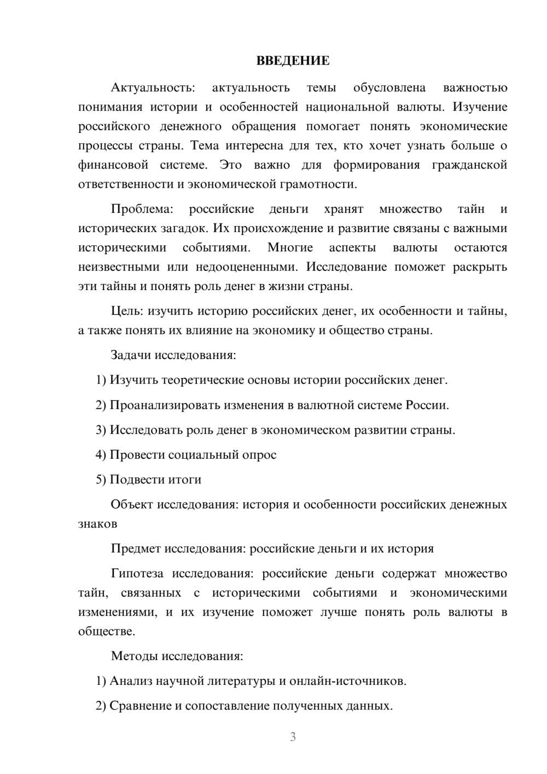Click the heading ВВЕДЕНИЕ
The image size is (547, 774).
click(293, 61)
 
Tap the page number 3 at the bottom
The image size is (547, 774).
click(293, 737)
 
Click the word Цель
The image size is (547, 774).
click(126, 311)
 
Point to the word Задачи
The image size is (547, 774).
click(131, 355)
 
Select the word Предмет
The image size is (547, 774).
click(136, 549)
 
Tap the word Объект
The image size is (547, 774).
click(132, 505)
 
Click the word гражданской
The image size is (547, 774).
click(469, 165)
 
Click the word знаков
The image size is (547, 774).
click(98, 524)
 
